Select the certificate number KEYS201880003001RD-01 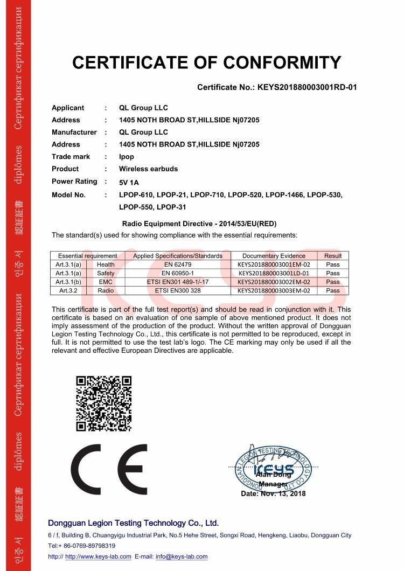pyautogui.click(x=307, y=87)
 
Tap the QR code pyautogui.click(x=103, y=403)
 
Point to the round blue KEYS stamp pyautogui.click(x=274, y=468)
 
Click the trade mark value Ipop pyautogui.click(x=127, y=157)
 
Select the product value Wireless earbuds pyautogui.click(x=148, y=169)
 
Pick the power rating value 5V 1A pyautogui.click(x=129, y=182)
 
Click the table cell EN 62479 pyautogui.click(x=177, y=264)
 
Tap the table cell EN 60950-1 pyautogui.click(x=177, y=273)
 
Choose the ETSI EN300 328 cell pyautogui.click(x=177, y=290)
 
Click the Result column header pyautogui.click(x=332, y=256)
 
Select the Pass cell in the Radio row pyautogui.click(x=332, y=290)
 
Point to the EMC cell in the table pyautogui.click(x=106, y=282)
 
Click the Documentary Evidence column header pyautogui.click(x=274, y=256)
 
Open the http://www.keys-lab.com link pyautogui.click(x=98, y=556)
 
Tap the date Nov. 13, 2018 pyautogui.click(x=285, y=493)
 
